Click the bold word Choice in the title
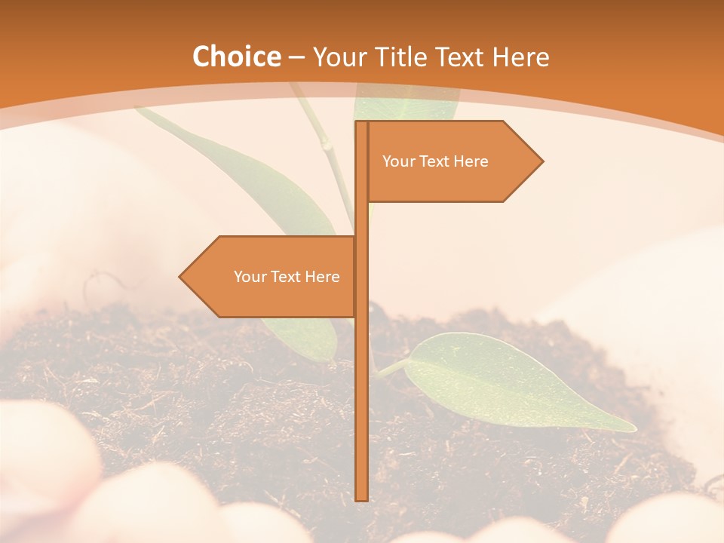click(236, 57)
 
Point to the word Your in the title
click(339, 57)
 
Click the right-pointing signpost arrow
click(452, 161)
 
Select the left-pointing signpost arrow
click(268, 277)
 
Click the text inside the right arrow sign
click(435, 161)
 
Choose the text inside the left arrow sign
click(287, 277)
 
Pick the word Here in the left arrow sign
click(323, 277)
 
